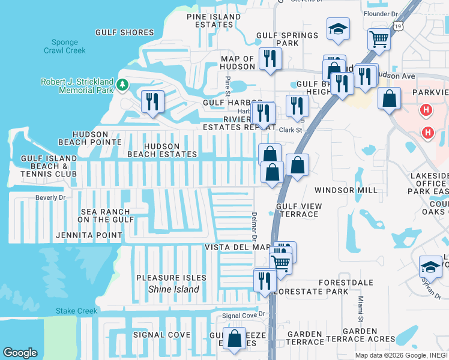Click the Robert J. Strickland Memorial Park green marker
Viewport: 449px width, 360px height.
pos(123,85)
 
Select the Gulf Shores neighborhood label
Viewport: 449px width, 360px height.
pos(124,32)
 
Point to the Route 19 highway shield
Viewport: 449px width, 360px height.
pos(399,26)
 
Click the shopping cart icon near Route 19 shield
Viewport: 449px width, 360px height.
pos(379,39)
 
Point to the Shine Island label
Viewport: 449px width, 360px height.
pos(173,289)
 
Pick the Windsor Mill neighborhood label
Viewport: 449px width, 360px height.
pos(346,190)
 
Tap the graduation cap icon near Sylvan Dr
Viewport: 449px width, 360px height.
pos(430,265)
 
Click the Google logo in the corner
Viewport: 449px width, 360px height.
pos(20,353)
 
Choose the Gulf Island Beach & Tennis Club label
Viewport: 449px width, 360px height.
pos(49,166)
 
